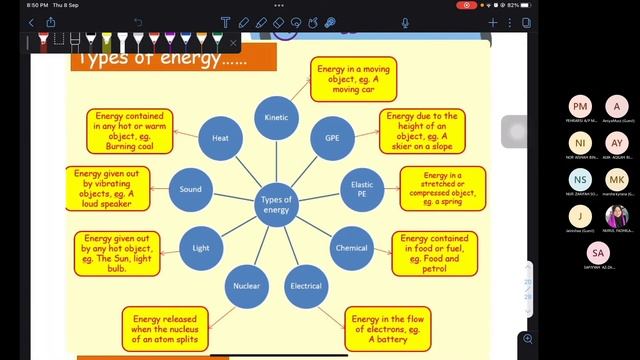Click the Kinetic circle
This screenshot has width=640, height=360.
point(277,117)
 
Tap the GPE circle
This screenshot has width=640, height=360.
point(333,137)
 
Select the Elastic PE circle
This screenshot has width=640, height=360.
point(362,187)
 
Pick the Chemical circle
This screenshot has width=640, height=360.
point(351,247)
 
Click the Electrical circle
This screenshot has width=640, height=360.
point(306,286)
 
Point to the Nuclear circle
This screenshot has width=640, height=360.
point(247,286)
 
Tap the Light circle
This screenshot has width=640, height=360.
point(201,246)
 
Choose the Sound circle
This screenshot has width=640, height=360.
point(190,189)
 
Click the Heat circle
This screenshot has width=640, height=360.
point(220,137)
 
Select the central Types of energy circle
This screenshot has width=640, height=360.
point(276,204)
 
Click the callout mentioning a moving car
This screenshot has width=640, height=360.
point(353,79)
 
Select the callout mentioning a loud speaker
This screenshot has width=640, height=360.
point(109,189)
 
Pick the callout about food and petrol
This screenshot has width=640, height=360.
point(433,253)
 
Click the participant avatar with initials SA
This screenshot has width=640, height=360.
point(598,253)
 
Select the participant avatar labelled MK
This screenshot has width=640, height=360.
point(617,179)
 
